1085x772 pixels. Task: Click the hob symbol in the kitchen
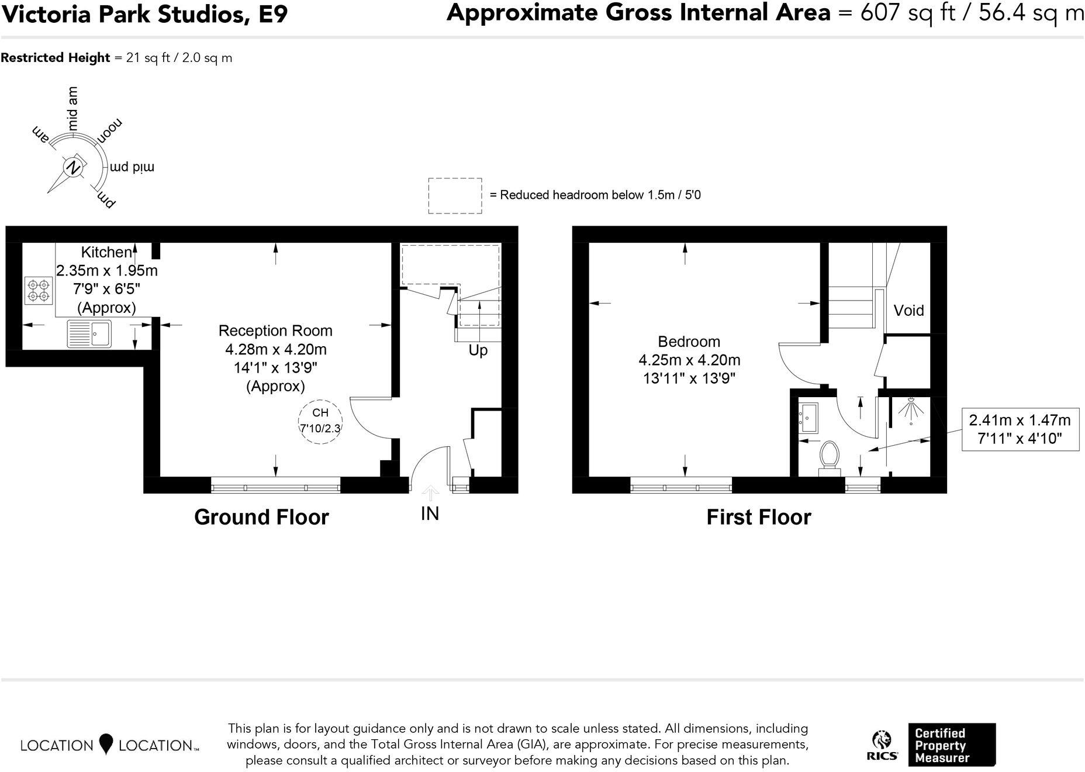[x=39, y=291]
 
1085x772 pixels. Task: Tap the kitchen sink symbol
[x=89, y=334]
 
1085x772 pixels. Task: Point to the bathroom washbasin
[x=810, y=418]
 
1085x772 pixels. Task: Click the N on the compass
[x=73, y=167]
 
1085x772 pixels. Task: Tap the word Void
[x=908, y=311]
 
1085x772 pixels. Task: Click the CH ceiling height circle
[x=320, y=421]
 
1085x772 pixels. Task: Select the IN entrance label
[x=430, y=513]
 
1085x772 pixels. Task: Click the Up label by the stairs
[x=478, y=350]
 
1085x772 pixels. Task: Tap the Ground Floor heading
[x=261, y=517]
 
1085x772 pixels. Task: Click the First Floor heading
[x=758, y=517]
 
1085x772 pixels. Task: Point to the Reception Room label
[x=275, y=330]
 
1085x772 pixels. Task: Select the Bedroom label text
[x=689, y=342]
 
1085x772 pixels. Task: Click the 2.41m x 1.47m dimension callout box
[x=1020, y=429]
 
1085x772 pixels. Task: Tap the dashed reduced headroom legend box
[x=455, y=195]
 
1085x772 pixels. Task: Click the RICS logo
[x=882, y=746]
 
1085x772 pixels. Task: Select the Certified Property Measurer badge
[x=951, y=745]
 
